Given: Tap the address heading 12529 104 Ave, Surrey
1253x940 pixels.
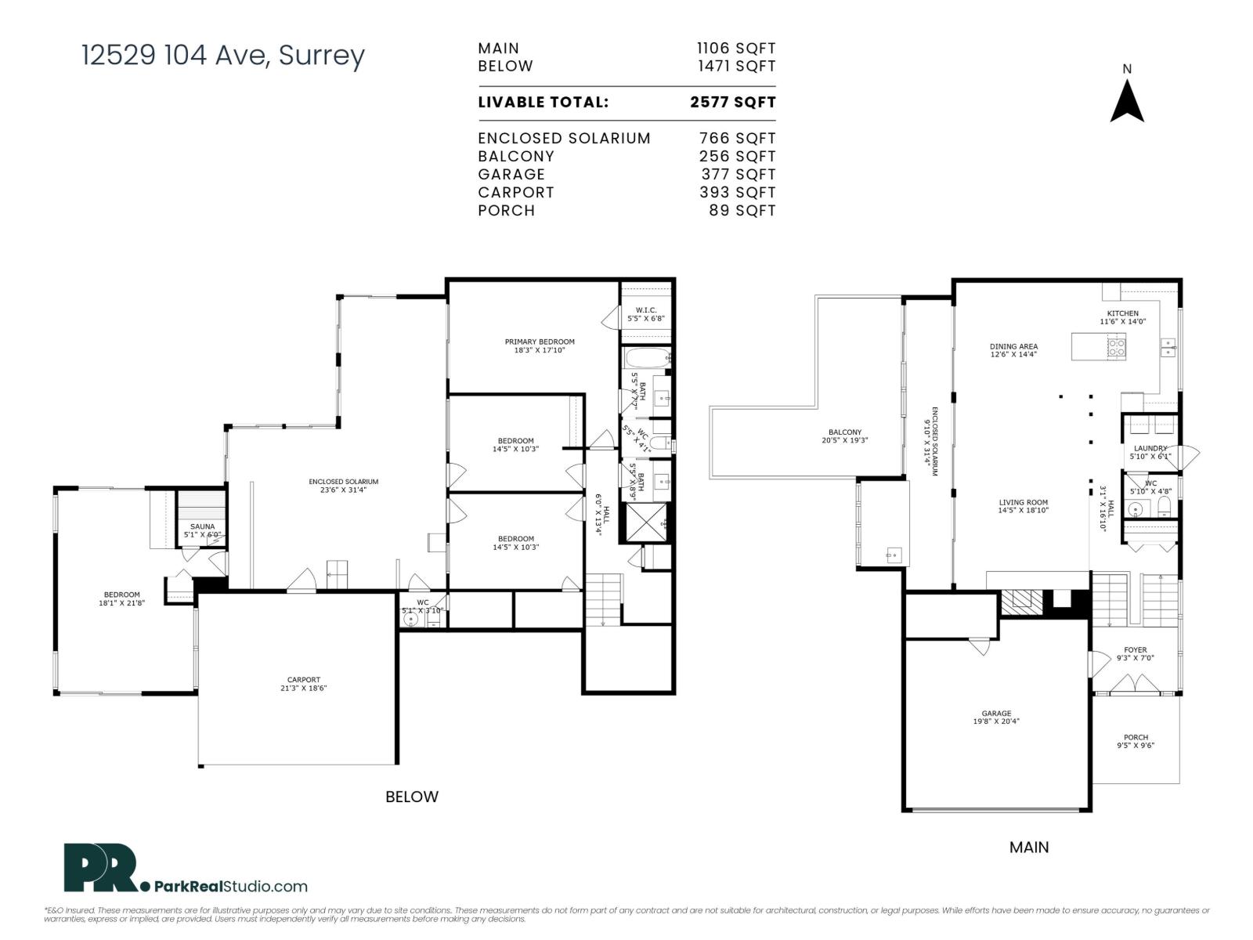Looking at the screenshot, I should (223, 56).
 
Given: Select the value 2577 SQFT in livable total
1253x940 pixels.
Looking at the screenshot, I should (732, 102).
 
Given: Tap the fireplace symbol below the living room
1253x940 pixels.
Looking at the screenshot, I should (1023, 601).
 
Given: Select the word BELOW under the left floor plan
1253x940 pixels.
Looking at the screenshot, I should (411, 797).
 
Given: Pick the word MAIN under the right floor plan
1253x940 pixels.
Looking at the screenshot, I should (1028, 847).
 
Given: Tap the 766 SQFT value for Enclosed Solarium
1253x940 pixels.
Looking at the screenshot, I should (736, 138).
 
